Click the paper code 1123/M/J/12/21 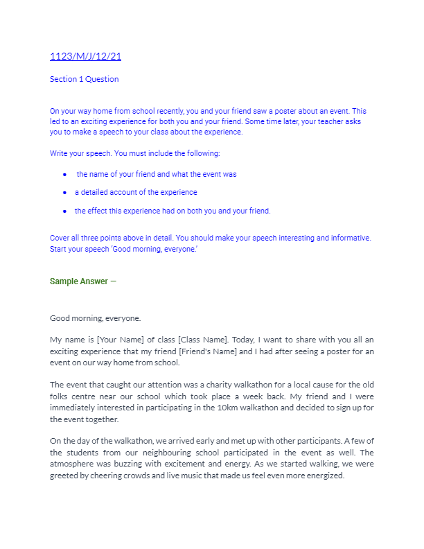click(85, 57)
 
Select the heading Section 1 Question click(84, 79)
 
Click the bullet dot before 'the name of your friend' click(64, 175)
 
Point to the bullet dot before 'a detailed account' click(64, 193)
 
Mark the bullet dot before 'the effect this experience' click(64, 211)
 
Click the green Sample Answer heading click(79, 281)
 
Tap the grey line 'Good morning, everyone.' click(95, 318)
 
